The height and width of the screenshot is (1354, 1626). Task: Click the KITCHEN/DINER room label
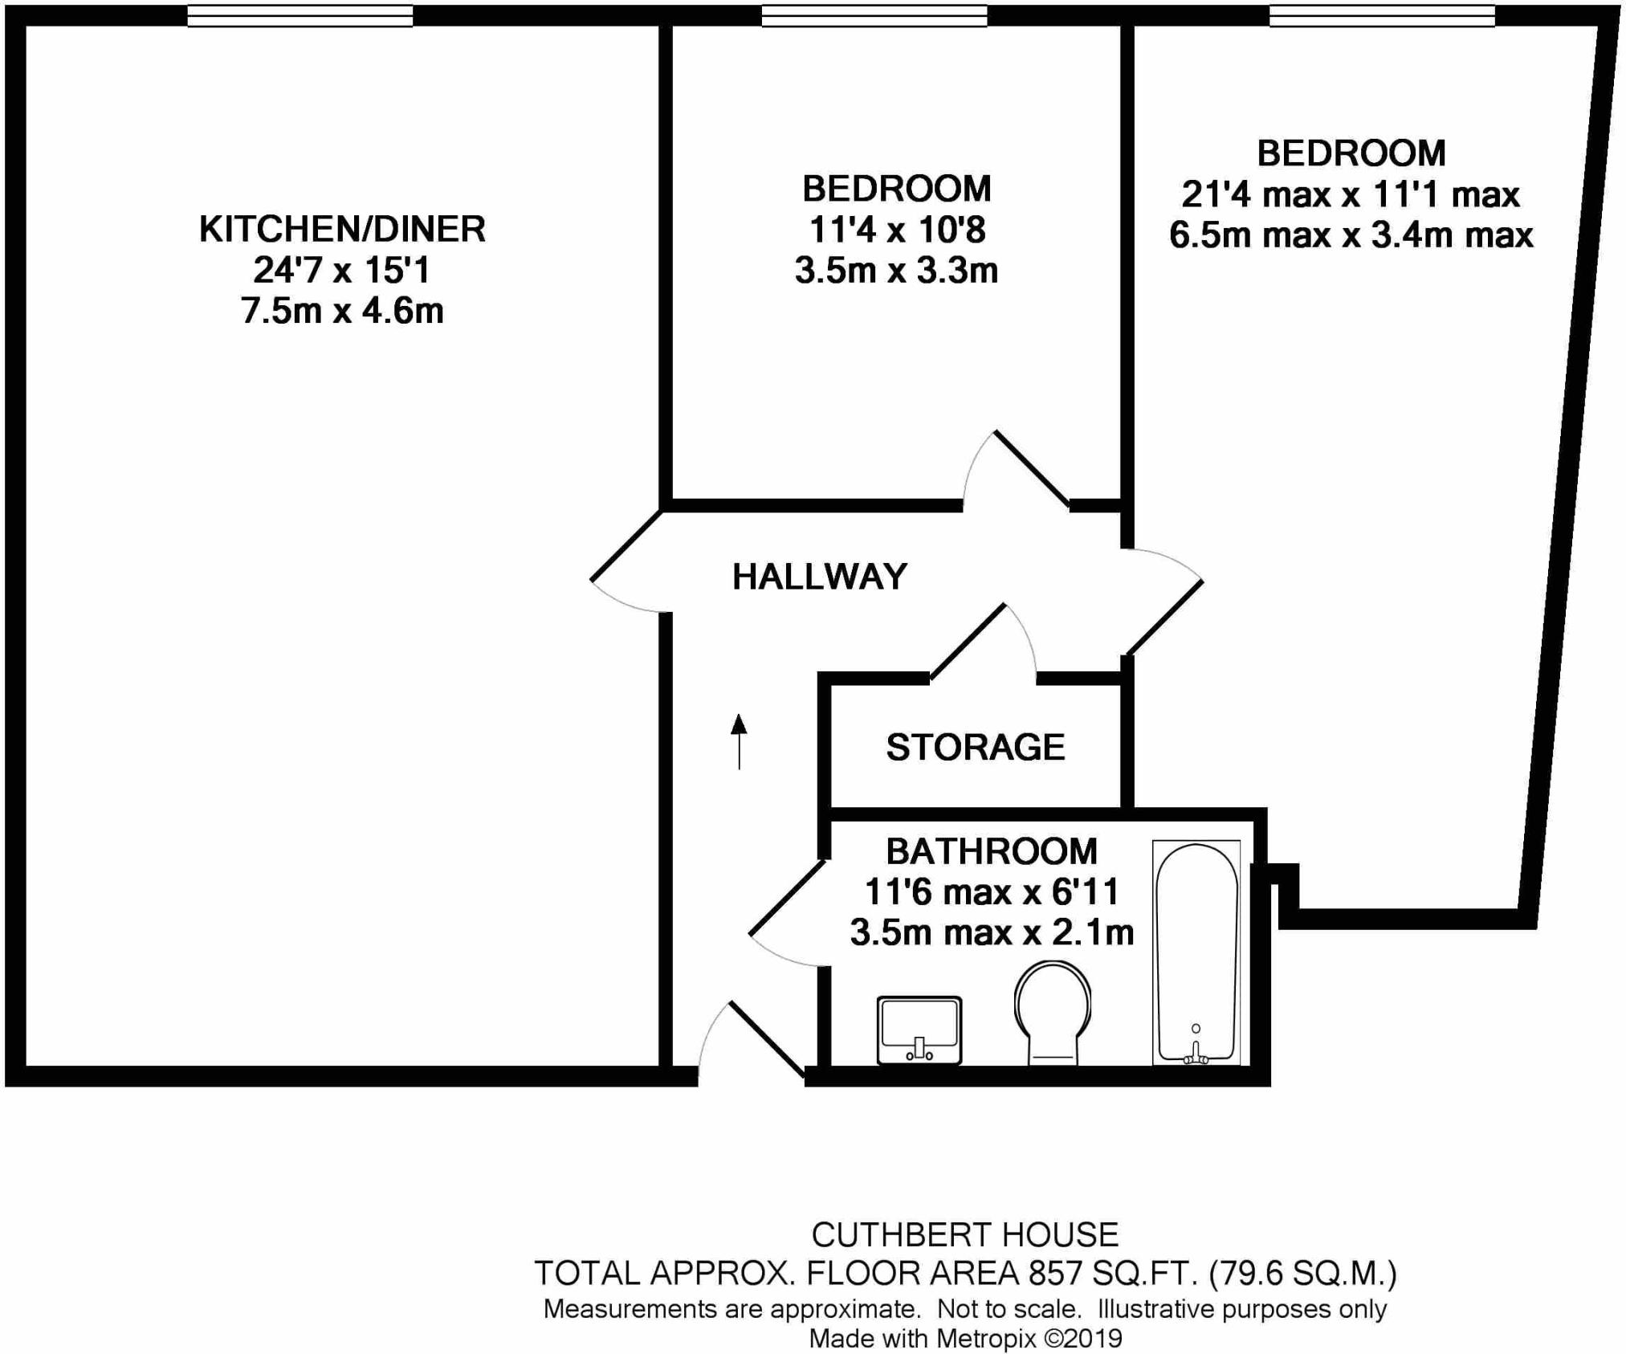pyautogui.click(x=342, y=230)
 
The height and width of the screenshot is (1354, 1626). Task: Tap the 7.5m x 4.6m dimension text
pyautogui.click(x=342, y=312)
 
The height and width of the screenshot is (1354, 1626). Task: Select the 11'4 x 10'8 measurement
pyautogui.click(x=896, y=230)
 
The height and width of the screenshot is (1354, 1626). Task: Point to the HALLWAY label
pyautogui.click(x=819, y=577)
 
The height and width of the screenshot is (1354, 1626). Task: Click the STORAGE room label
pyautogui.click(x=975, y=748)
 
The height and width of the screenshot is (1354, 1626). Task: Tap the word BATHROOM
pyautogui.click(x=991, y=851)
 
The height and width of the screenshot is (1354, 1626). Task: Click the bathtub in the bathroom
pyautogui.click(x=1196, y=952)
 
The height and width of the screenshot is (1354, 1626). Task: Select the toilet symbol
pyautogui.click(x=1052, y=1012)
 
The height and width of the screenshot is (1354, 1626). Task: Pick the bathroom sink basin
pyautogui.click(x=919, y=1030)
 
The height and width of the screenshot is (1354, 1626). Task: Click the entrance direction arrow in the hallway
pyautogui.click(x=739, y=740)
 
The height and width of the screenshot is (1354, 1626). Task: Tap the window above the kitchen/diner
pyautogui.click(x=300, y=16)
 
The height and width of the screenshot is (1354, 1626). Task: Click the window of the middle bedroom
pyautogui.click(x=874, y=16)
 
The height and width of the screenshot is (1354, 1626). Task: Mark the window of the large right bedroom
pyautogui.click(x=1381, y=16)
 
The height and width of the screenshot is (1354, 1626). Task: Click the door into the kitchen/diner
pyautogui.click(x=626, y=562)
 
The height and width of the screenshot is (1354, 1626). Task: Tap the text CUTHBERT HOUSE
pyautogui.click(x=964, y=1234)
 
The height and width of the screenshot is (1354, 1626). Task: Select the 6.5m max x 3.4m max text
pyautogui.click(x=1351, y=235)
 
